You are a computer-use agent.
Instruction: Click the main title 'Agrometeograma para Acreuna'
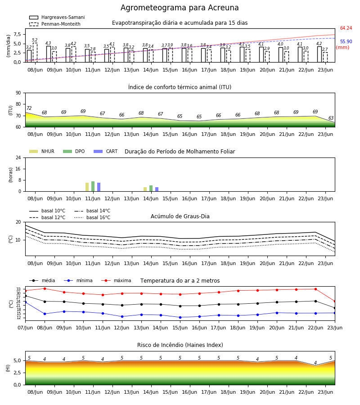point(180,8)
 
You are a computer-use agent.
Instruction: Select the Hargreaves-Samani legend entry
point(57,17)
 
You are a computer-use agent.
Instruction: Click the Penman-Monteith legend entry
point(55,24)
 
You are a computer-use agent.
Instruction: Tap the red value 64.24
point(346,28)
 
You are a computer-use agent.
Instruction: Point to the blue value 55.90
point(346,41)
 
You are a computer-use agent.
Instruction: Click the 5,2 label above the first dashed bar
point(35,40)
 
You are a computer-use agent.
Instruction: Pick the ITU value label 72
point(29,108)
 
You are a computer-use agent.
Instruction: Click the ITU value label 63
point(331,118)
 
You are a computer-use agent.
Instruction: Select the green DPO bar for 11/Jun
point(93,186)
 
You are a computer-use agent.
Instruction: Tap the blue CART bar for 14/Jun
point(157,189)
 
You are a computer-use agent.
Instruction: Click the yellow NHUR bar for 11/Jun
point(87,187)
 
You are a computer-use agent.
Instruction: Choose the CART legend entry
point(106,151)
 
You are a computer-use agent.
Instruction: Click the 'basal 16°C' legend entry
point(92,217)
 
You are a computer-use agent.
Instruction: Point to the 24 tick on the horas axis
point(18,157)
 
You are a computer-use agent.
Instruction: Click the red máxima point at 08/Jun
point(45,288)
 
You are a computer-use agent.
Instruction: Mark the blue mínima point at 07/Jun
point(25,302)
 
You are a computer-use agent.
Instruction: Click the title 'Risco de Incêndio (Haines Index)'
point(180,345)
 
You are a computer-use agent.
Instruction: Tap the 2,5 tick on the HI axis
point(17,373)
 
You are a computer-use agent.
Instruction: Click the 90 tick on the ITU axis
point(18,93)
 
